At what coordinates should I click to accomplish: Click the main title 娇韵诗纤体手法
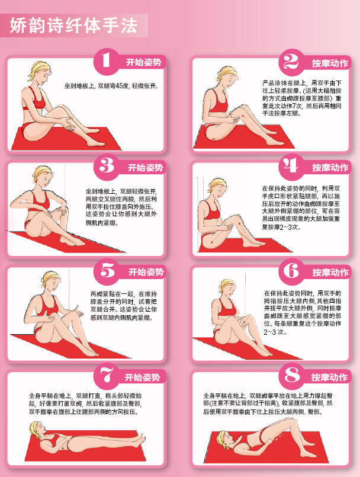(73, 25)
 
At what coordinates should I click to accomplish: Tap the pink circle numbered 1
(107, 61)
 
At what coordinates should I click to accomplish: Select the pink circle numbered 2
(291, 62)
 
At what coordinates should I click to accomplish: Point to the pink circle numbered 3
(107, 167)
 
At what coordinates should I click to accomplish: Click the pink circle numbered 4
(291, 167)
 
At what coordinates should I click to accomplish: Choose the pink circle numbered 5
(107, 271)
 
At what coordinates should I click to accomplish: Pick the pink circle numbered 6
(291, 271)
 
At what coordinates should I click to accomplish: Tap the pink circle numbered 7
(107, 376)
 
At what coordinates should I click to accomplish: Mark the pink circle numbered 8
(291, 376)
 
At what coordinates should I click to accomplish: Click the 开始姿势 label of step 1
(143, 62)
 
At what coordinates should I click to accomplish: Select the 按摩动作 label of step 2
(330, 63)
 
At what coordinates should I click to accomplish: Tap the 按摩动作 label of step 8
(329, 377)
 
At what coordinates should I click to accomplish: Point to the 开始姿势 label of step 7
(142, 377)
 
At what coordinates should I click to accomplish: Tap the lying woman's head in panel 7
(37, 430)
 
